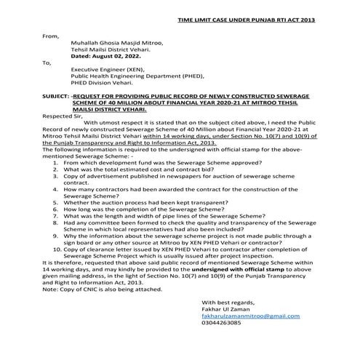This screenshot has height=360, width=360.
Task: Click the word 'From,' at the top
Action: click(x=50, y=35)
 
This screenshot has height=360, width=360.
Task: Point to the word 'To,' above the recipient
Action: click(x=47, y=63)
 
